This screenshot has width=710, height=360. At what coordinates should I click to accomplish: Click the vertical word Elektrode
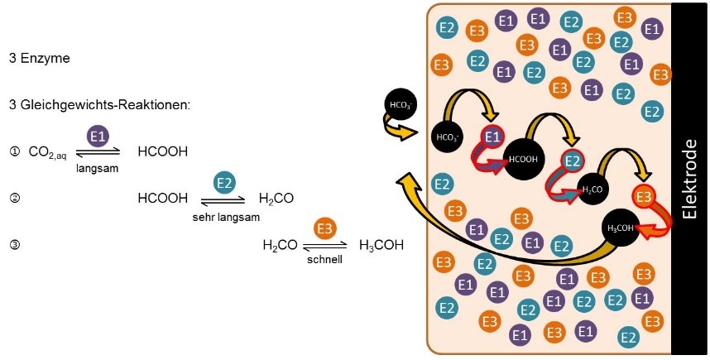point(688,179)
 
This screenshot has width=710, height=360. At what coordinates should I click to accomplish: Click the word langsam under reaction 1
point(98,167)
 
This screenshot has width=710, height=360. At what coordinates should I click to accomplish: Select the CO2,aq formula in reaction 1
point(49,152)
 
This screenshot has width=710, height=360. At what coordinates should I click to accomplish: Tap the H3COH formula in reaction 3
point(381,245)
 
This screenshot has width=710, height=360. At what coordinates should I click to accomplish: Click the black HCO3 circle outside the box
point(399,105)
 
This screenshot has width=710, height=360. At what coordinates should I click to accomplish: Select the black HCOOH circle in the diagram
point(523,158)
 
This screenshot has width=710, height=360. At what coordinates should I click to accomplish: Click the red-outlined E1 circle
point(493,137)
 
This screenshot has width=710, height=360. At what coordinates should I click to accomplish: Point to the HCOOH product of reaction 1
point(163,152)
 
